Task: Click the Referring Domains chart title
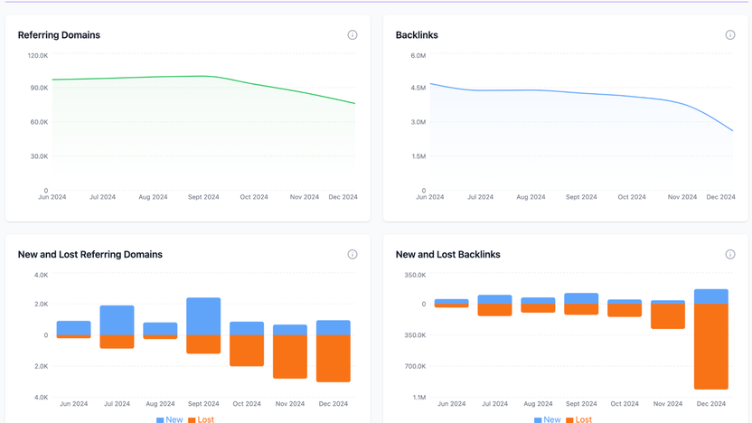click(x=59, y=35)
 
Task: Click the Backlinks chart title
click(x=417, y=35)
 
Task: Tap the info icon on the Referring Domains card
click(x=352, y=35)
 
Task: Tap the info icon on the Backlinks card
click(x=730, y=35)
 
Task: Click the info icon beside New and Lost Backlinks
click(x=730, y=255)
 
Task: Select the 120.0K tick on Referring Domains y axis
click(x=37, y=56)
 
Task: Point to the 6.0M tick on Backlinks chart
click(x=418, y=56)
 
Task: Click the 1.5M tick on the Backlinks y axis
click(x=418, y=156)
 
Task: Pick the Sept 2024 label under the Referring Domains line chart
click(x=203, y=197)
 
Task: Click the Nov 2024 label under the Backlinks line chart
click(x=682, y=197)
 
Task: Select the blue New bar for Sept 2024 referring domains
click(x=203, y=316)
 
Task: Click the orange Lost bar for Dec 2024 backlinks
click(x=711, y=346)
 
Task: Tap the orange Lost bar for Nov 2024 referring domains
click(x=290, y=357)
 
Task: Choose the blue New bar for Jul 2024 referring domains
click(x=117, y=321)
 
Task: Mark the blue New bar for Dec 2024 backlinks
click(x=711, y=296)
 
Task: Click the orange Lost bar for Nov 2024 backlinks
click(x=668, y=316)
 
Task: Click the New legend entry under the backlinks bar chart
click(x=547, y=419)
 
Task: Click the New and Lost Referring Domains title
click(x=90, y=255)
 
